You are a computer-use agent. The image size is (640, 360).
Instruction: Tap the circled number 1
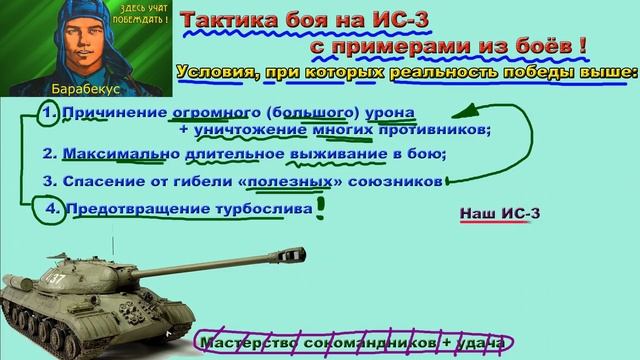pyautogui.click(x=49, y=113)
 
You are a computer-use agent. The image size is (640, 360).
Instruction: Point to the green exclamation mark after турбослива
pyautogui.click(x=321, y=207)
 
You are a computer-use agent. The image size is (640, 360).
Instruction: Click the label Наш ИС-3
pyautogui.click(x=492, y=214)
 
